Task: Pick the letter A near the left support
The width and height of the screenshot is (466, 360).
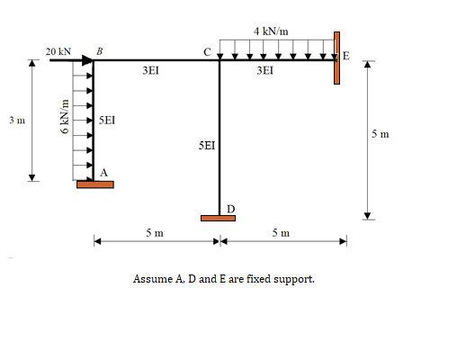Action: click(104, 172)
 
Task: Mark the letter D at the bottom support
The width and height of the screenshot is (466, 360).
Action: click(230, 209)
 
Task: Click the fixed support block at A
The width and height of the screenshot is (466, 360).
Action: click(94, 184)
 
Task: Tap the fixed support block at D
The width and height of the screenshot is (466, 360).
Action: click(219, 218)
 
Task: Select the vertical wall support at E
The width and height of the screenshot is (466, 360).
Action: click(337, 57)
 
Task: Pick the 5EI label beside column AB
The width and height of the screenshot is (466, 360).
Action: click(106, 119)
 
